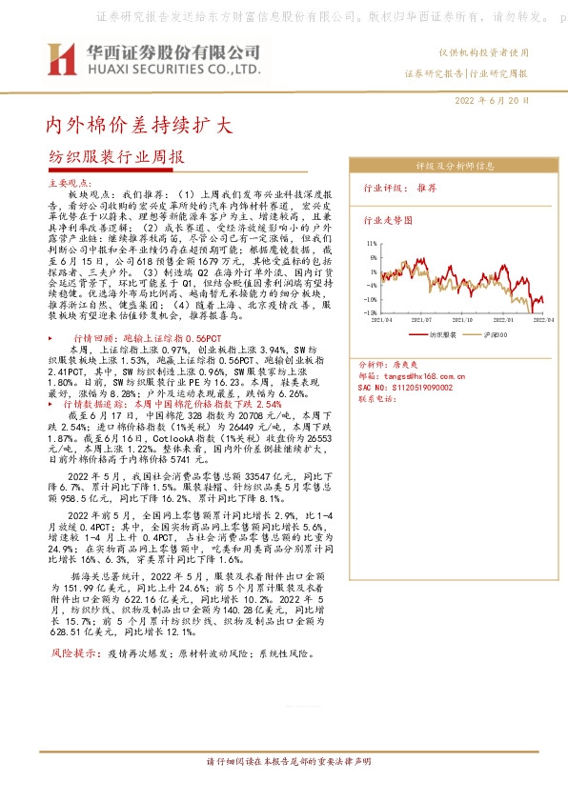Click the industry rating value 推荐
(426, 189)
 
